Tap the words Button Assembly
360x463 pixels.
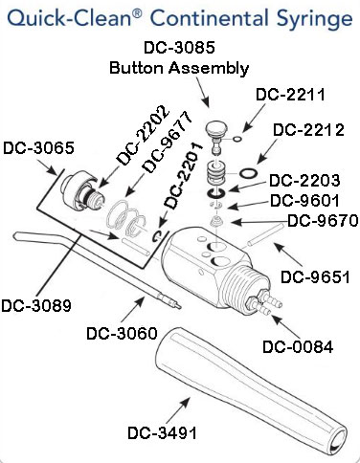[179, 67]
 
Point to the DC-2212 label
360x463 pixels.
[307, 130]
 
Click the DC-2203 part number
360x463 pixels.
[303, 180]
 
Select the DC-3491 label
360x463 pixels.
[162, 432]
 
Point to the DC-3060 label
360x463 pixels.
[121, 333]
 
